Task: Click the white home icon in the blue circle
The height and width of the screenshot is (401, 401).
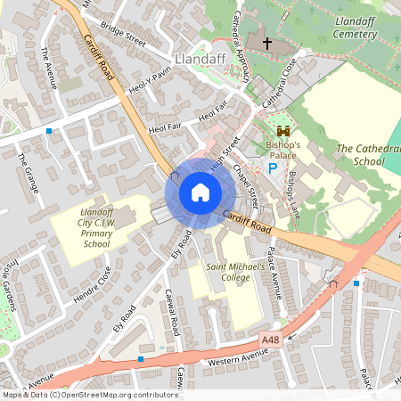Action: point(200,192)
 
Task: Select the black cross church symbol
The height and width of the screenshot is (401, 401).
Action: point(258,41)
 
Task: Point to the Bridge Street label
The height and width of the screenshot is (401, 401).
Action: point(122,32)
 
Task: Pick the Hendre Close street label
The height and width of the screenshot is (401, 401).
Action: point(91,285)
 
